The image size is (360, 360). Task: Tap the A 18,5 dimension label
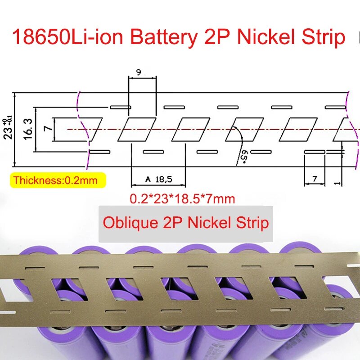pyautogui.click(x=158, y=180)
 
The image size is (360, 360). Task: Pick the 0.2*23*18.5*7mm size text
pyautogui.click(x=182, y=198)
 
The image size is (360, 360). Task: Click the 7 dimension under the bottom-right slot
pyautogui.click(x=315, y=179)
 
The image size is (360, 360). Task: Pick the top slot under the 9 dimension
pyautogui.click(x=120, y=107)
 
